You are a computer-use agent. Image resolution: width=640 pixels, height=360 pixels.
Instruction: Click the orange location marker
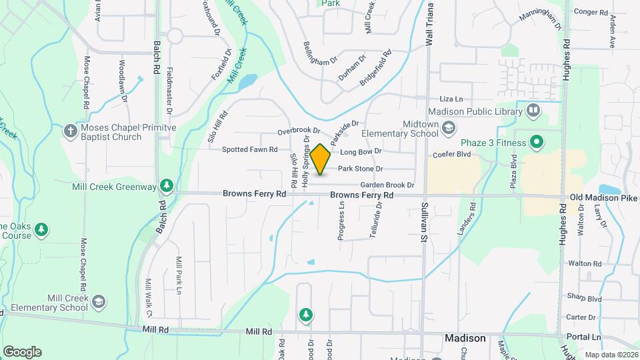(321, 159)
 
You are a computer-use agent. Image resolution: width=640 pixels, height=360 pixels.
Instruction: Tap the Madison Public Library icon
(533, 109)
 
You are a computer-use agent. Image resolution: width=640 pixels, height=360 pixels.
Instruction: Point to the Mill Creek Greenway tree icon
(167, 186)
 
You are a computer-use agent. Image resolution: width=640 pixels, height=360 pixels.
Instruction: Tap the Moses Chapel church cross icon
(71, 131)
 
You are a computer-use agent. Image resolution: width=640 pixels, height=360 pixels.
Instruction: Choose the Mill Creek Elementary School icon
(99, 302)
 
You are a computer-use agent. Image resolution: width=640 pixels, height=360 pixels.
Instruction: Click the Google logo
(22, 351)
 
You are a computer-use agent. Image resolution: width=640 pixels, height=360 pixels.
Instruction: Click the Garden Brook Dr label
(387, 185)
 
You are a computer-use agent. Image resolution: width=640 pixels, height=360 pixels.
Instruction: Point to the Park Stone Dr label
(360, 169)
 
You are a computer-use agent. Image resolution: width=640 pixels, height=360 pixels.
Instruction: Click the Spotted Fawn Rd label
(249, 150)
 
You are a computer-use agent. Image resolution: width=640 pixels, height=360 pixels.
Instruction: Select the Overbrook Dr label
(299, 131)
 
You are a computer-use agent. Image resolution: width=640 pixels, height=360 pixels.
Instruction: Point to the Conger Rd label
(590, 11)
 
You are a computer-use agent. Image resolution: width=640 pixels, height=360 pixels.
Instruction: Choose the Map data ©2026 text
(611, 355)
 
